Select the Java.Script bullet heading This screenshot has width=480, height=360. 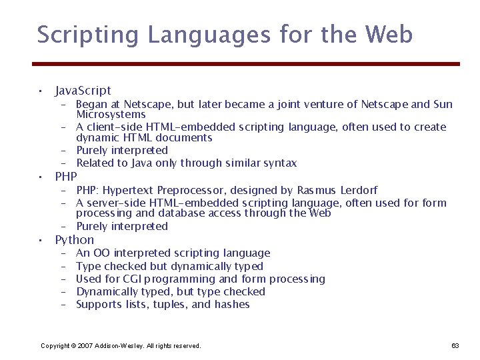[x=83, y=90]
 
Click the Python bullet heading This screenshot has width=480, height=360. [x=74, y=239]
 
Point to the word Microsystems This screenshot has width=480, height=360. [x=111, y=115]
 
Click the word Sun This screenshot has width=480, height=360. [x=443, y=104]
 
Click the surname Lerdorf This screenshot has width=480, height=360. [x=358, y=190]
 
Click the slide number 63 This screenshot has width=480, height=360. [x=455, y=345]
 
